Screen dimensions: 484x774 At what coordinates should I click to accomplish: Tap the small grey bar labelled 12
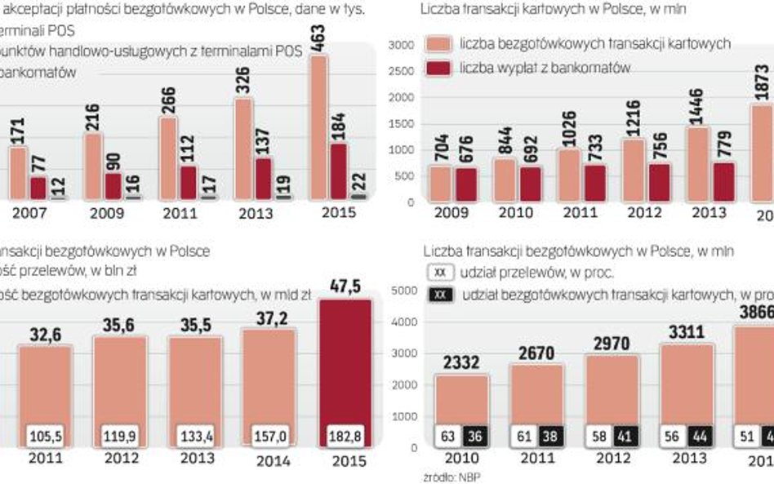click(56, 197)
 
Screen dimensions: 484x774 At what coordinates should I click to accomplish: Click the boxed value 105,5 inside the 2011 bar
click(46, 433)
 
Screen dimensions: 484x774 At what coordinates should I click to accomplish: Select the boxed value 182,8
click(345, 433)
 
